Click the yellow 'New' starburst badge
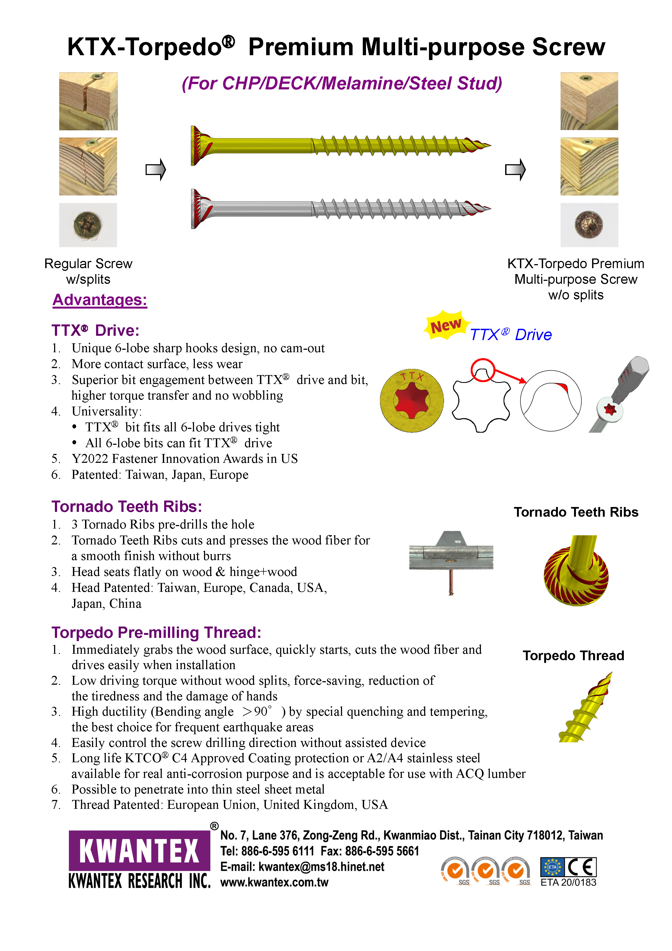pyautogui.click(x=446, y=326)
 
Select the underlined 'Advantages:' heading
pyautogui.click(x=100, y=300)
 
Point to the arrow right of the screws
pyautogui.click(x=515, y=169)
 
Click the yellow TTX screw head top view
pyautogui.click(x=411, y=401)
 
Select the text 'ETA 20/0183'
pyautogui.click(x=568, y=883)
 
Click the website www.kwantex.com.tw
pyautogui.click(x=274, y=882)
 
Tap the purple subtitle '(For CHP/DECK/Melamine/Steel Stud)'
pyautogui.click(x=342, y=83)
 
